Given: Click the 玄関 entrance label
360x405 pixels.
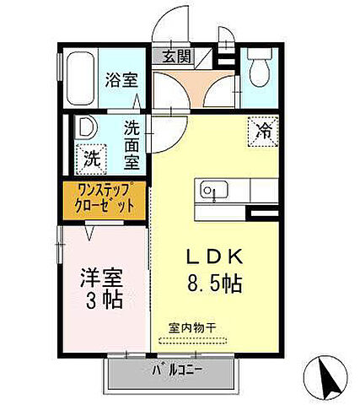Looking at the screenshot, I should [176, 57].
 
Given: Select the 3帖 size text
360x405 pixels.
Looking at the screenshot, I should [97, 300].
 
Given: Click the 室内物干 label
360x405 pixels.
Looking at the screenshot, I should [192, 327].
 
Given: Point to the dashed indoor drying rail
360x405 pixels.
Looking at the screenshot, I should [192, 340].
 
